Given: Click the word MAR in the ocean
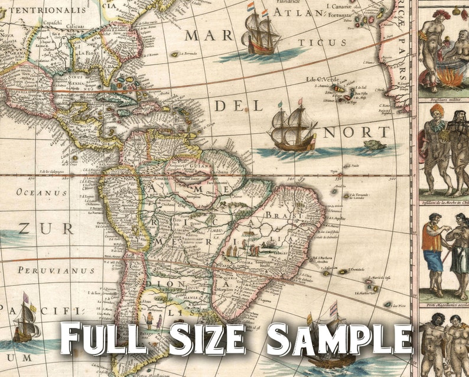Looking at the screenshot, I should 209,35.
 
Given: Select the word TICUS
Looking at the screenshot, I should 322,43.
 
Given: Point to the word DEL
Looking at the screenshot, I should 239,106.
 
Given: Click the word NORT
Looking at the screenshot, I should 356,132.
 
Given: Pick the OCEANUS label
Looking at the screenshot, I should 42,193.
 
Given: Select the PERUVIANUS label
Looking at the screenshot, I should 56,271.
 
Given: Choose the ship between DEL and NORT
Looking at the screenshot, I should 294,128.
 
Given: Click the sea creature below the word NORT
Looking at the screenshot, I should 374,145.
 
